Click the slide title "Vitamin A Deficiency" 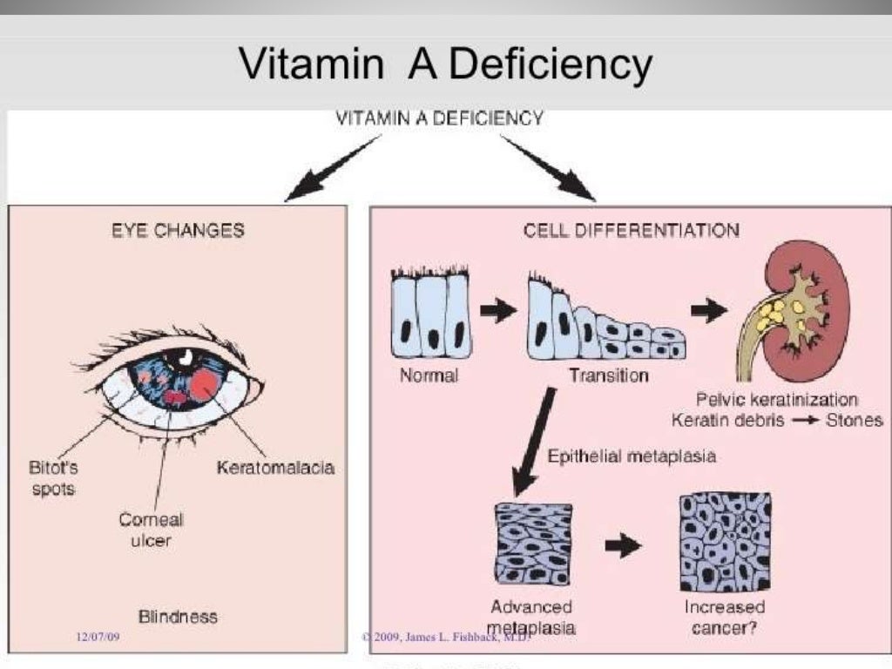[x=445, y=64]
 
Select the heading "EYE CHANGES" [x=178, y=231]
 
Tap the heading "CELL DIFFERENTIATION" [x=632, y=231]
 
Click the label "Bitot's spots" [x=53, y=477]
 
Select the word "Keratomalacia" [x=275, y=468]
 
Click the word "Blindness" [x=178, y=616]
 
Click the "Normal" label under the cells [x=429, y=376]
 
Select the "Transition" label [x=609, y=376]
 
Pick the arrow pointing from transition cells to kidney [x=709, y=309]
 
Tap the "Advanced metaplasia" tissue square [x=533, y=543]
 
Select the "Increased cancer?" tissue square [x=724, y=542]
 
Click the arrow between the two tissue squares [x=622, y=546]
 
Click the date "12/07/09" [x=98, y=639]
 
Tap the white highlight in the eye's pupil [x=186, y=355]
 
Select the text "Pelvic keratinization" [x=777, y=400]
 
